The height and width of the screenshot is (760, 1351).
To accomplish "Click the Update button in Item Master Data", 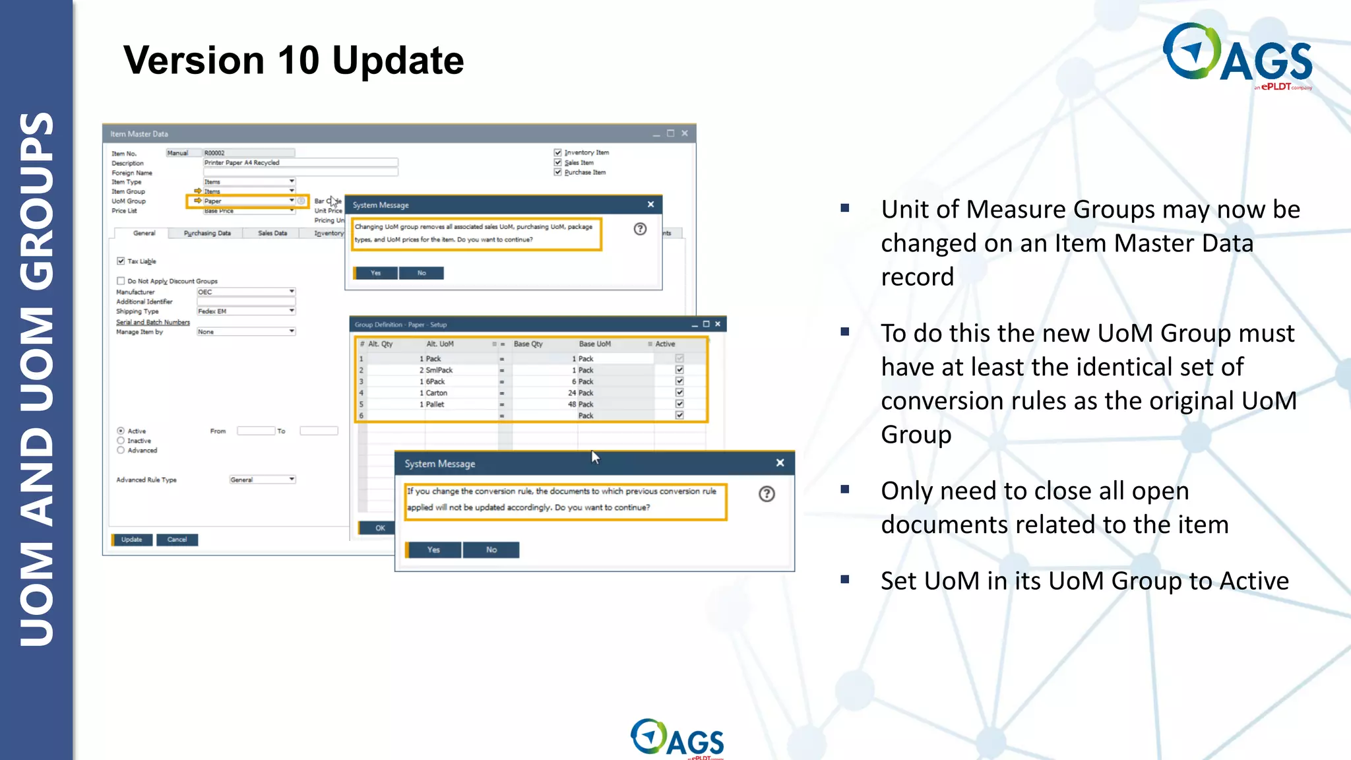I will click(132, 540).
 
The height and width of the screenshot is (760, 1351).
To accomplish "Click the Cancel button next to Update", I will click(177, 540).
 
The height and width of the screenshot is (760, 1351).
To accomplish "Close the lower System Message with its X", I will click(780, 463).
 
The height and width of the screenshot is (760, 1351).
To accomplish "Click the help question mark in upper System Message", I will click(640, 229).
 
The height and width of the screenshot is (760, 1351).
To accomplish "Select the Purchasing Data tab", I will click(207, 234).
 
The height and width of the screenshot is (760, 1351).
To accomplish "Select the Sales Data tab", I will click(272, 234).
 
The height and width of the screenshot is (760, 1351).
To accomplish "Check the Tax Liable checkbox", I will click(121, 261).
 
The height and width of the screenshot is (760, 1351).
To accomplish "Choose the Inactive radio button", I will click(121, 441).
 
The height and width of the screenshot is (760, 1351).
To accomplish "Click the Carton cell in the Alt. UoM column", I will click(436, 393).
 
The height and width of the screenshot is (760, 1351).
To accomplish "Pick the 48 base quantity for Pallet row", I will click(572, 404).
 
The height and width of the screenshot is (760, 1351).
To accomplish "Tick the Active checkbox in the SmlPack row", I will click(679, 370).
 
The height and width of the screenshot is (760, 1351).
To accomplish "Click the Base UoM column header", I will click(594, 344).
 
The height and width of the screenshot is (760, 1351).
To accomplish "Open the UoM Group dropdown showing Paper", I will click(291, 201).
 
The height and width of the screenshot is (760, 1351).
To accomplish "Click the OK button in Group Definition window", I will click(379, 528).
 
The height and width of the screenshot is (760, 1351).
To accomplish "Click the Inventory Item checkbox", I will click(557, 152).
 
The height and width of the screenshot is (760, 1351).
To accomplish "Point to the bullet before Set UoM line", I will click(845, 580).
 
